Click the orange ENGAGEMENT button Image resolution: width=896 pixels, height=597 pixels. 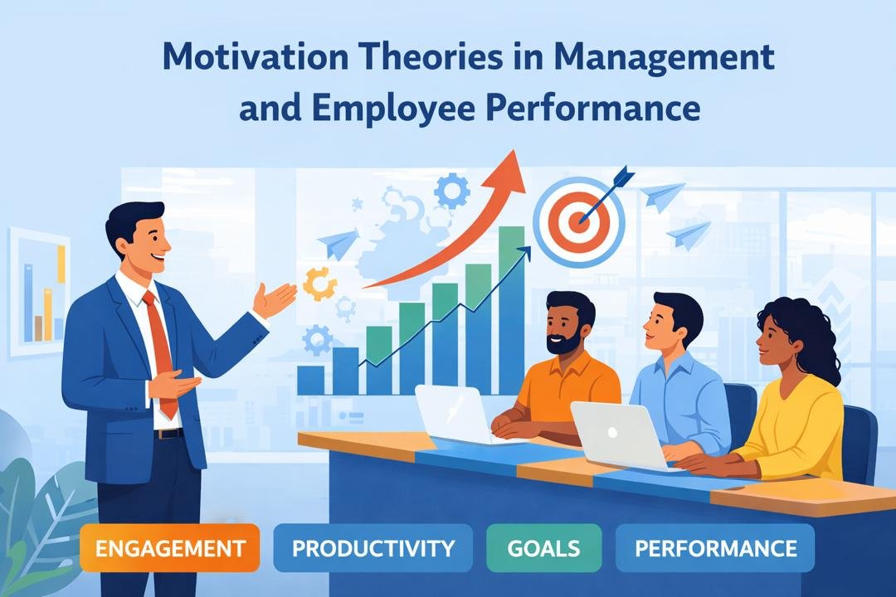(170, 549)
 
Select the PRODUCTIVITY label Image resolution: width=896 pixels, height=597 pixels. (373, 549)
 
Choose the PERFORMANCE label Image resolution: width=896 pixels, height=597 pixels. (715, 549)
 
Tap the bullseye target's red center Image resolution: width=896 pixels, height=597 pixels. (578, 220)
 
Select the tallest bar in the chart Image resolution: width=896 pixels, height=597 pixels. (511, 307)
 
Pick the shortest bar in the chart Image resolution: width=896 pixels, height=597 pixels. (310, 380)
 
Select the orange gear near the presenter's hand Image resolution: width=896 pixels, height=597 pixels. (319, 284)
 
